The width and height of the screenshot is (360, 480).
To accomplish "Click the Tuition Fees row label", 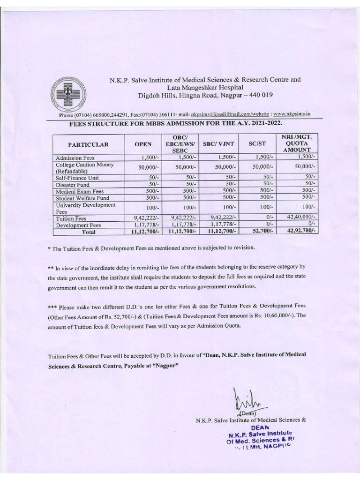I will point(70,218).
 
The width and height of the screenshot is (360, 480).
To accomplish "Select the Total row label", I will point(88,231).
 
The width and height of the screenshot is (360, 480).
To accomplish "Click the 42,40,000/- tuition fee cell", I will point(301,217).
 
